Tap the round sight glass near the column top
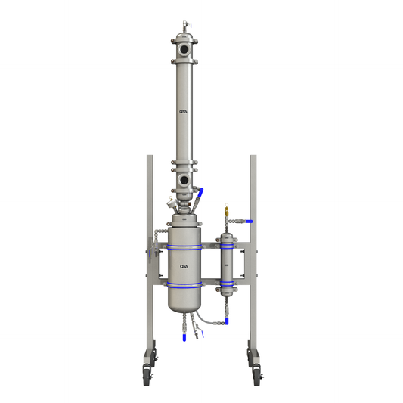[184, 51]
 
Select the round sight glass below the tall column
[184, 181]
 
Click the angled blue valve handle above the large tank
[200, 198]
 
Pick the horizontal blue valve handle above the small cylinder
[247, 221]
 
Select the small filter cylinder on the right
[225, 262]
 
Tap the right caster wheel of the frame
[256, 374]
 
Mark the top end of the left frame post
[150, 157]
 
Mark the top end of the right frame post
[253, 157]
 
